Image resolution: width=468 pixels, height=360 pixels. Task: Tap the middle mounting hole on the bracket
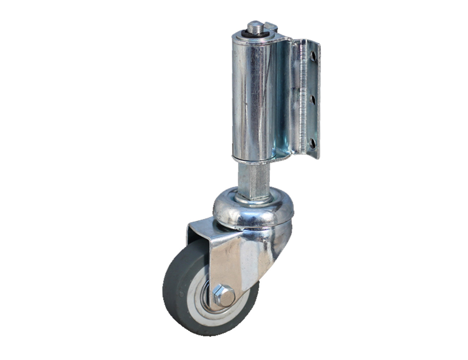coord(314,98)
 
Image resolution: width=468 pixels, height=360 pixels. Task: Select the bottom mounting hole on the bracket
coord(314,143)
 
